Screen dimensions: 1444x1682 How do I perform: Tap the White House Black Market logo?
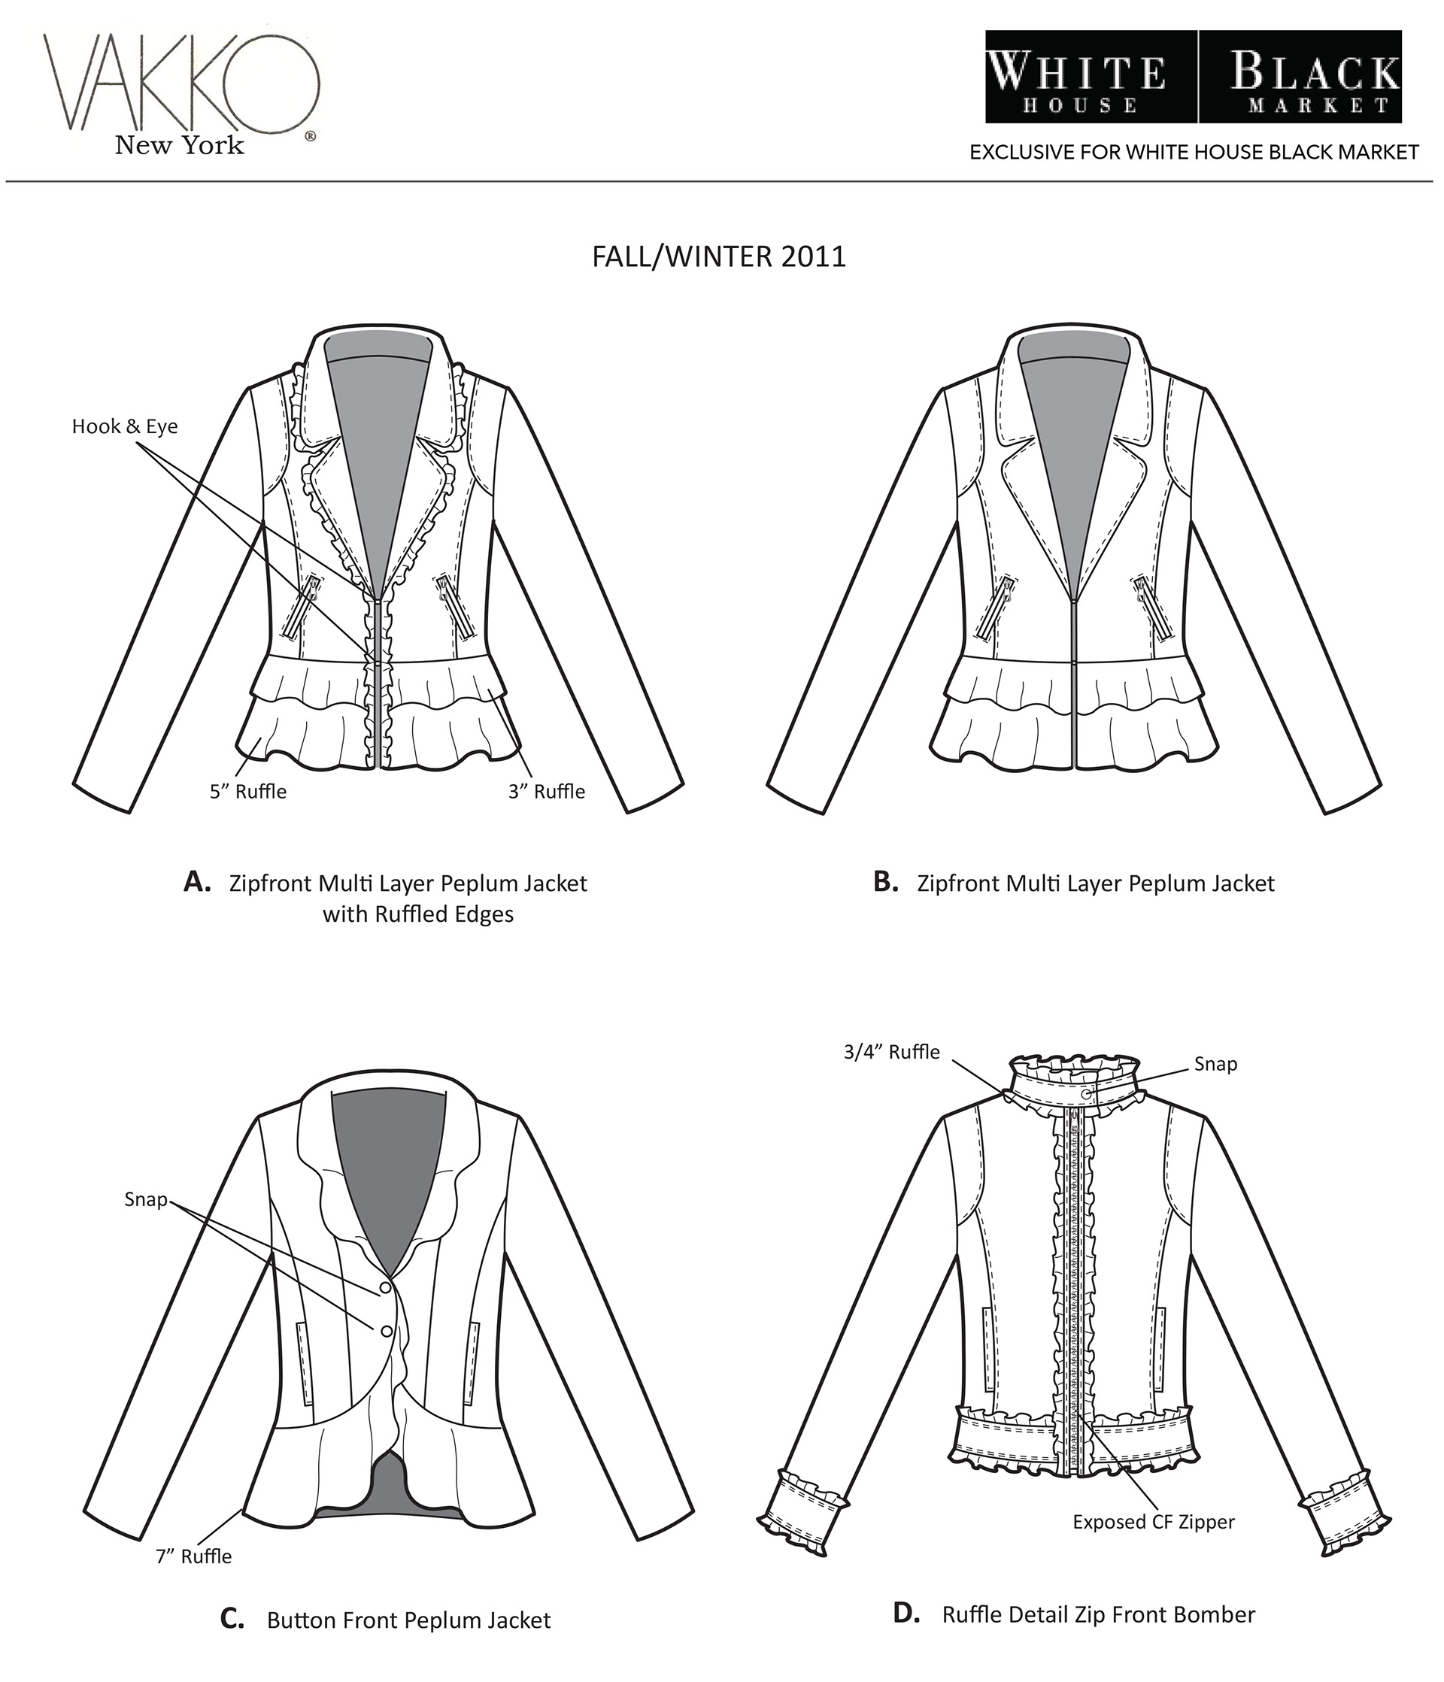[1193, 77]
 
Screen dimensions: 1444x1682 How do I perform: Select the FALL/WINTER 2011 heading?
[719, 256]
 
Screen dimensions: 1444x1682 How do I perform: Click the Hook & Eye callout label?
[124, 426]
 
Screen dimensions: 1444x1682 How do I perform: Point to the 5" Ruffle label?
[247, 792]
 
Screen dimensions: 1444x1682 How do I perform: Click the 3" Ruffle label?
[547, 792]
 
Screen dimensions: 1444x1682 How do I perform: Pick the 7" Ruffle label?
[193, 1556]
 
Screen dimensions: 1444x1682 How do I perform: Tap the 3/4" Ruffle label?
[891, 1052]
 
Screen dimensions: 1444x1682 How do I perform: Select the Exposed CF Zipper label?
[1153, 1522]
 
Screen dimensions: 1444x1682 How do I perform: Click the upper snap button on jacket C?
[385, 1288]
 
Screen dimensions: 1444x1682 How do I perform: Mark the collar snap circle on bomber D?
[1088, 1095]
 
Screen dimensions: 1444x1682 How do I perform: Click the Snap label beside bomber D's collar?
[1215, 1064]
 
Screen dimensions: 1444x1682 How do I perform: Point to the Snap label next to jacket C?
[145, 1200]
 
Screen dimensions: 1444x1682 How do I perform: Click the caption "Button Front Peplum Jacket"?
[408, 1620]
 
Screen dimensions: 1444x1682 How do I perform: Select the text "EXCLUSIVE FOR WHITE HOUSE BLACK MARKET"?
[1194, 153]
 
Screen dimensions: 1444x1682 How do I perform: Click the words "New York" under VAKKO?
[180, 145]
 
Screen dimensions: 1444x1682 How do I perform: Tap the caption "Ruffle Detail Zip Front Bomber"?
[1098, 1614]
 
